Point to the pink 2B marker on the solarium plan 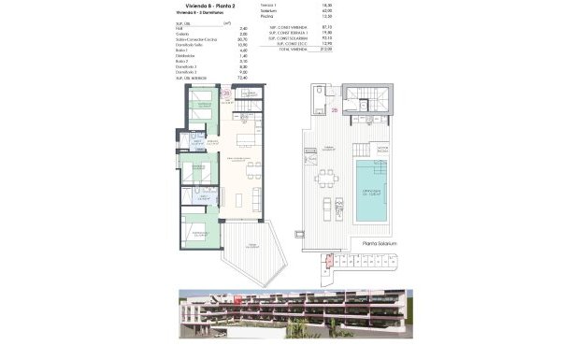point(334,109)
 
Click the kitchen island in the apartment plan point(245,140)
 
